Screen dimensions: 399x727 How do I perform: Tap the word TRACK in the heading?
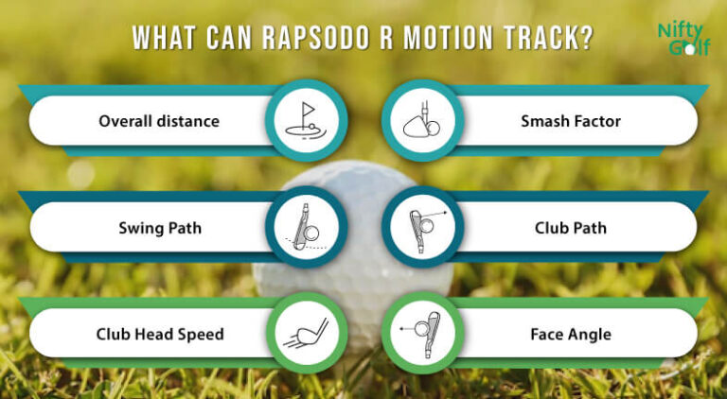coord(542,39)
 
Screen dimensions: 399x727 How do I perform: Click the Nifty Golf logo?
coord(683,39)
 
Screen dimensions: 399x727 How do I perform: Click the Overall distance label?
coord(159,121)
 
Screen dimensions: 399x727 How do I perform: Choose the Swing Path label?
coord(160,228)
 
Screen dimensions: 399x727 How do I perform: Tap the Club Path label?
coord(570,228)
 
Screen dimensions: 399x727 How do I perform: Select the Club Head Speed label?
coord(160,334)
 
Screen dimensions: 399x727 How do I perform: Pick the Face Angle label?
coord(570,334)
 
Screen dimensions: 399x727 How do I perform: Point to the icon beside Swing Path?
coord(306,228)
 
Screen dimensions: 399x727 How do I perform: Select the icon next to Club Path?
coord(421,228)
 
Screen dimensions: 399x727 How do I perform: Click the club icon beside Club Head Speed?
coord(306,334)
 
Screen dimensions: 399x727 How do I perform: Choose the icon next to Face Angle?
coord(421,334)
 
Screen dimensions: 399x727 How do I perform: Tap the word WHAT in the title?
coord(162,39)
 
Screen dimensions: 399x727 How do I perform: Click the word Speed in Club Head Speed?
coord(204,334)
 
